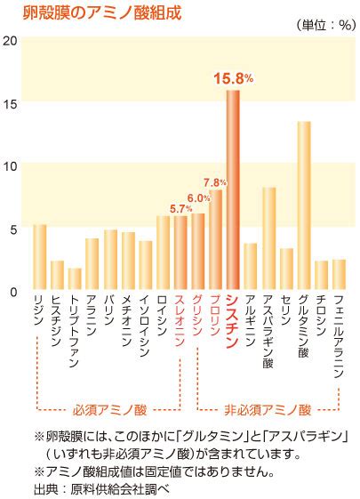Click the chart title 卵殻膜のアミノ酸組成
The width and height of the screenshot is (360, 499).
[x=102, y=12]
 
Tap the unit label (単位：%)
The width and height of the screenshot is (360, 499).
[x=325, y=25]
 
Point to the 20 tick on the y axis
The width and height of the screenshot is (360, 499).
[x=10, y=41]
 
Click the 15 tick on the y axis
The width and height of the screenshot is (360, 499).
[x=10, y=104]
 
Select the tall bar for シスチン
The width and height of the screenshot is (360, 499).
[x=233, y=189]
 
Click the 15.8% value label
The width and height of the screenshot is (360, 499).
[x=234, y=78]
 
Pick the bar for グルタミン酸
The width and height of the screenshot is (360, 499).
[x=304, y=205]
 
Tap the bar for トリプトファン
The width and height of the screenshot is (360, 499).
[x=75, y=278]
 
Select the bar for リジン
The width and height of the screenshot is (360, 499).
[x=40, y=257]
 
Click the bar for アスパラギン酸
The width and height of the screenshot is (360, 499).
[x=269, y=238]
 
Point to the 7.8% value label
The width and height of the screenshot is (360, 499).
[x=215, y=182]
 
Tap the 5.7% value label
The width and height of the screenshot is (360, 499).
[x=180, y=209]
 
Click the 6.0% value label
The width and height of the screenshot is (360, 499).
[x=198, y=198]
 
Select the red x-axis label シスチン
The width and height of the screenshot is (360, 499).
[x=233, y=321]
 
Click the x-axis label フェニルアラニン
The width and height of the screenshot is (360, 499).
[x=339, y=336]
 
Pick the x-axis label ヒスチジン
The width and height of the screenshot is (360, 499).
[x=57, y=321]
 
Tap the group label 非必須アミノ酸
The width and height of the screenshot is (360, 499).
[x=268, y=410]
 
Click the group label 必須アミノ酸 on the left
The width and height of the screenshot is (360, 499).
[x=109, y=410]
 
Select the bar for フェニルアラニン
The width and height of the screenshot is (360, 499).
[x=339, y=274]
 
